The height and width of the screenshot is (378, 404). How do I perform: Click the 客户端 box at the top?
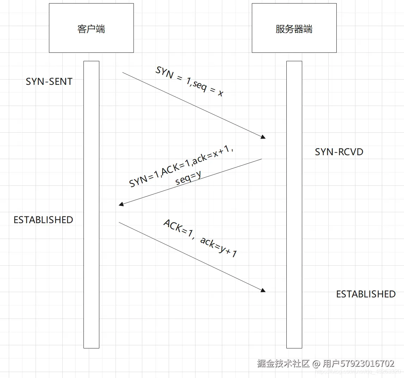(x=91, y=28)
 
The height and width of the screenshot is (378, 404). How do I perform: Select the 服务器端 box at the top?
(x=294, y=28)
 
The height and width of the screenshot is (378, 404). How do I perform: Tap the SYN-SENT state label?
(x=49, y=82)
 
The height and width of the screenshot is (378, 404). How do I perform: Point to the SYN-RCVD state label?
(x=339, y=152)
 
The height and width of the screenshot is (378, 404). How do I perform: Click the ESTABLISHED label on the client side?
(x=43, y=220)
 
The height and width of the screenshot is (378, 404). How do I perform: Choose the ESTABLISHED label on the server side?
(x=366, y=294)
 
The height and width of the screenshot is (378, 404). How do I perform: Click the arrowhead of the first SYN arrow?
(x=263, y=137)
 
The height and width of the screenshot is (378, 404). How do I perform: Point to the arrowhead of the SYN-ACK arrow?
(x=121, y=204)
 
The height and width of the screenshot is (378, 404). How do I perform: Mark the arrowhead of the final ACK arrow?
(x=263, y=290)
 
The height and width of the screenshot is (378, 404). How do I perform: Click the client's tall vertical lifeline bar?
(x=91, y=204)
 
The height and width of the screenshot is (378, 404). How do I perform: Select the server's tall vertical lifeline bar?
(x=294, y=204)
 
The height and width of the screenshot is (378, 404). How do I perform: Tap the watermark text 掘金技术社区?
(x=283, y=363)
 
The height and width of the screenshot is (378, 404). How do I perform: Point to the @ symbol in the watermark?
(x=316, y=363)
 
